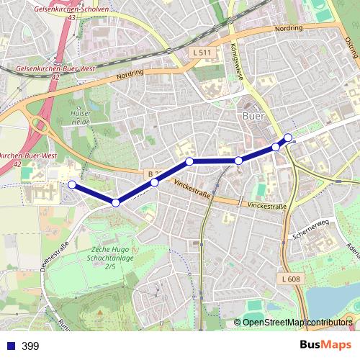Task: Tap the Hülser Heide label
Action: (x=81, y=117)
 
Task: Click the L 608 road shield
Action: (x=291, y=279)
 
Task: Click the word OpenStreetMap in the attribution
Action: (x=273, y=323)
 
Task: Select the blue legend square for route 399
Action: (x=9, y=346)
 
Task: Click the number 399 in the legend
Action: (x=30, y=346)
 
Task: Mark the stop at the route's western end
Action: (x=71, y=184)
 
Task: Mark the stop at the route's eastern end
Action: (x=288, y=137)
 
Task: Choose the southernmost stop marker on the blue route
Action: (x=115, y=203)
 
